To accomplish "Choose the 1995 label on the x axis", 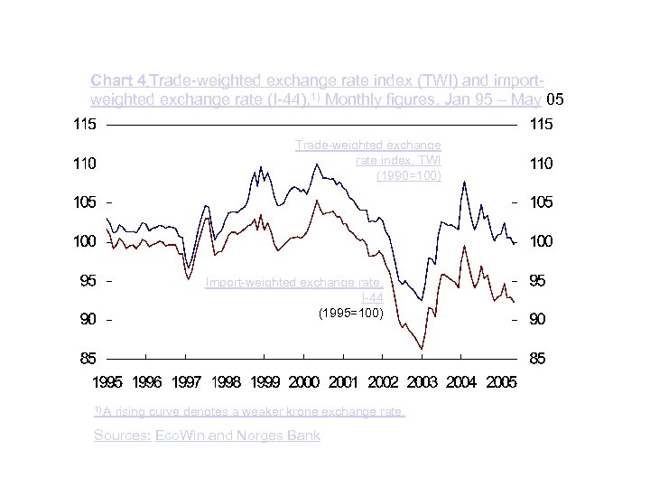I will tap(108, 383).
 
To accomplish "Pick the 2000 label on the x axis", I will tap(304, 383).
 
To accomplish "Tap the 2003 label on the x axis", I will tap(422, 383).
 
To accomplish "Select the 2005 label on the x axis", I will tap(499, 383).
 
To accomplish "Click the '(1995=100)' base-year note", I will tap(351, 313).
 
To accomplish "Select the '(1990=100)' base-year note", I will tap(409, 175).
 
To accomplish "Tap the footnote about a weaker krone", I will tap(249, 412).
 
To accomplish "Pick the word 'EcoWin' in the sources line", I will tap(181, 436).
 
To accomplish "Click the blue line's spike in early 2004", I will tap(464, 183).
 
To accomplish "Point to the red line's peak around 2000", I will tap(316, 201).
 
